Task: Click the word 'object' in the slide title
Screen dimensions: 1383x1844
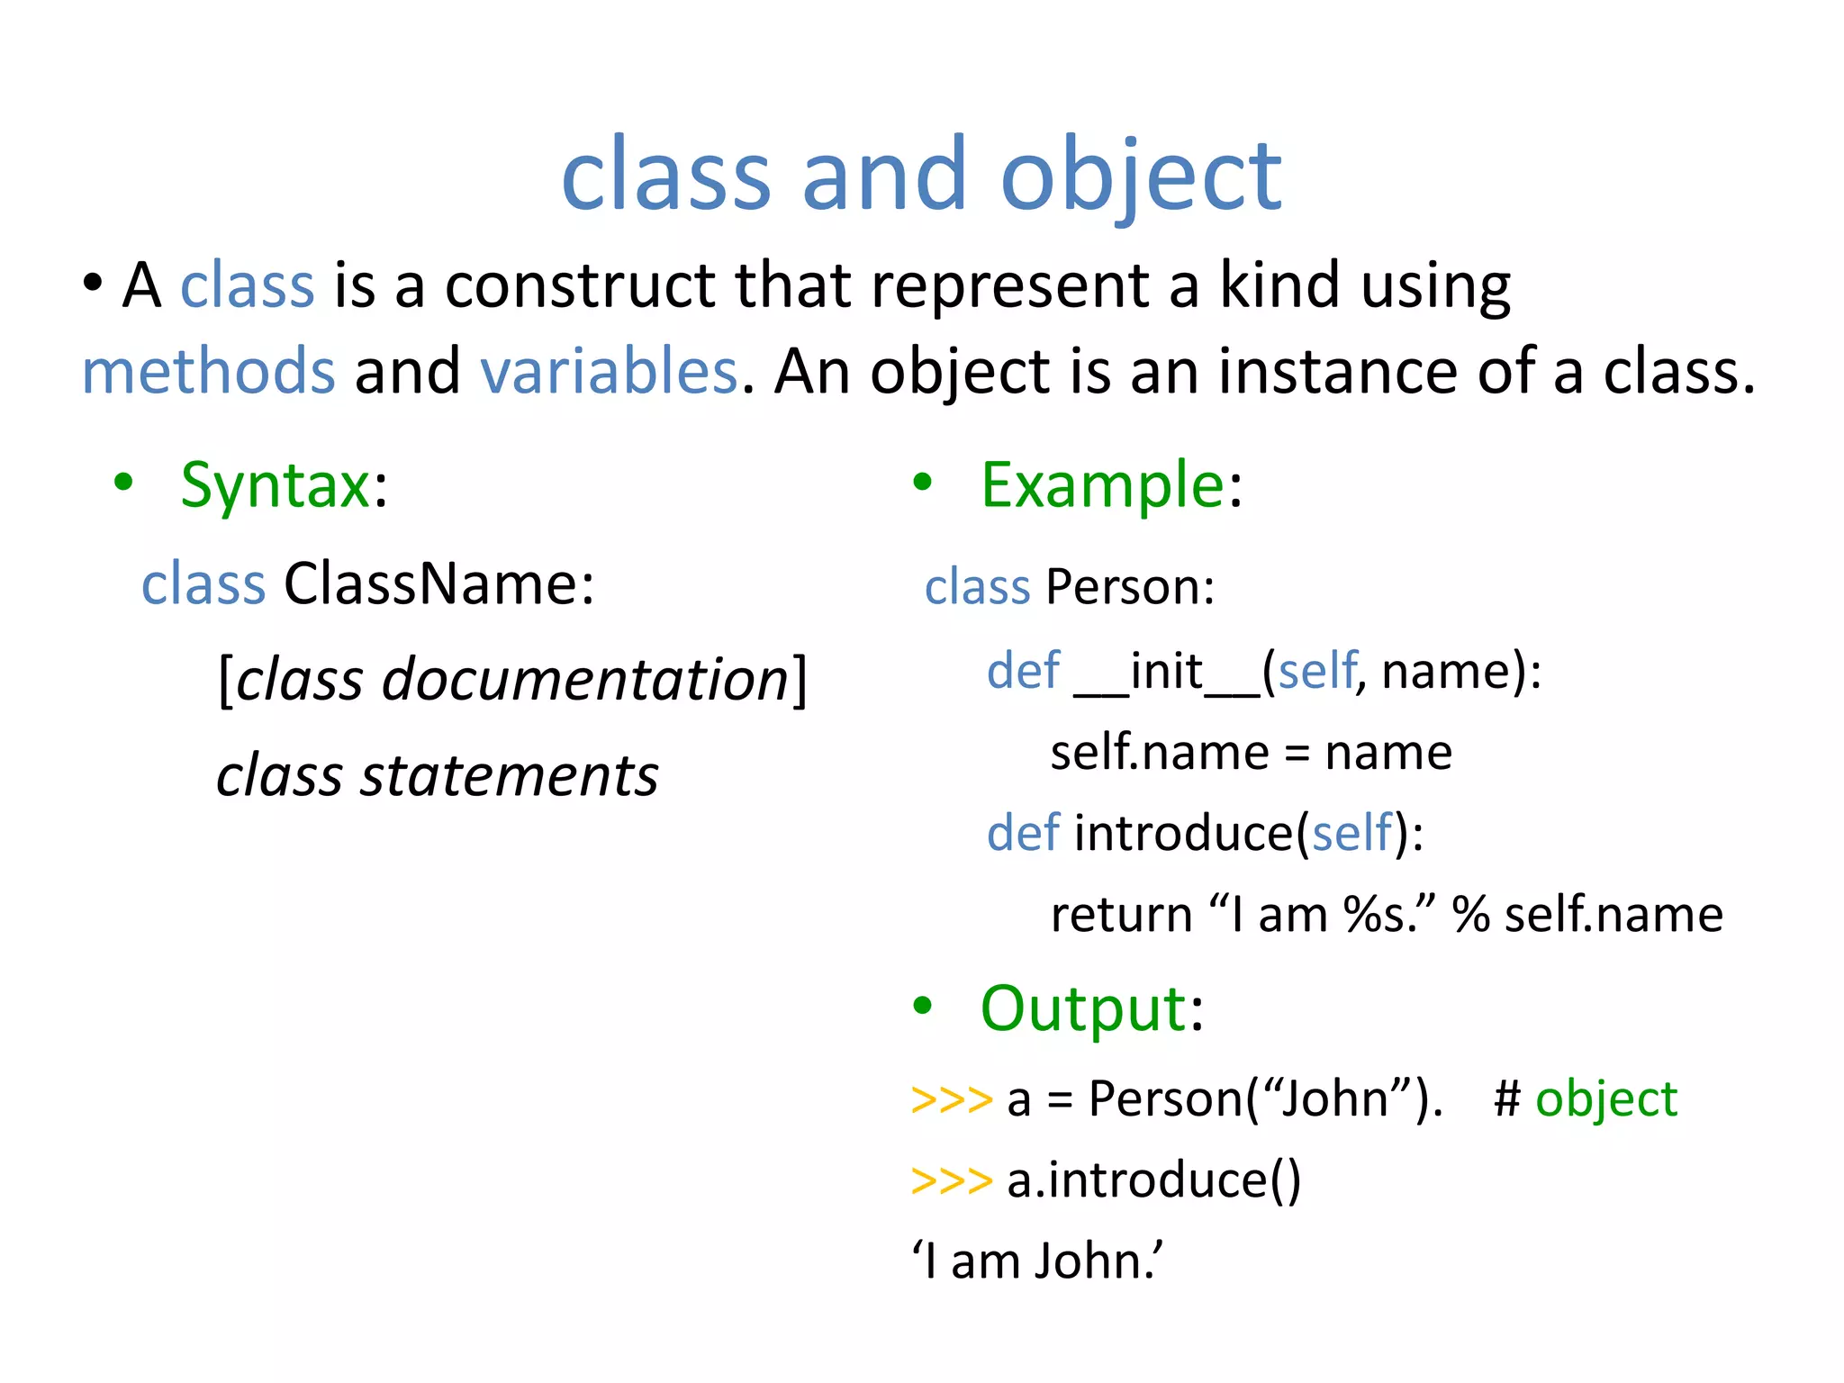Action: click(1141, 175)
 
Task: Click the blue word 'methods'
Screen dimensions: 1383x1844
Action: click(208, 371)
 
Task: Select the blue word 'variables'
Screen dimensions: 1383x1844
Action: click(609, 371)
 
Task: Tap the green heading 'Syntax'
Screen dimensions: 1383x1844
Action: click(275, 485)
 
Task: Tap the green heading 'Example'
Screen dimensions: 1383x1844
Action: click(1102, 485)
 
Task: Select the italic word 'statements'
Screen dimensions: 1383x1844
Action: click(509, 775)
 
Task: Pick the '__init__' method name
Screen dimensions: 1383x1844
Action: click(1168, 672)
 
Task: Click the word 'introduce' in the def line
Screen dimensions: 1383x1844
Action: click(1183, 833)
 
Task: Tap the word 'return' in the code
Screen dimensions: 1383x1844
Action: click(1121, 915)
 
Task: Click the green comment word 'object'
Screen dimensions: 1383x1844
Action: click(1606, 1099)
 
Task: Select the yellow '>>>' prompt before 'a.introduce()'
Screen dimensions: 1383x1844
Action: click(951, 1180)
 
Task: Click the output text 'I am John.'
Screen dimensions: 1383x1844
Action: click(1037, 1261)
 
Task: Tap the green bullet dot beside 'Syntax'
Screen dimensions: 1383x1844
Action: click(123, 483)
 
